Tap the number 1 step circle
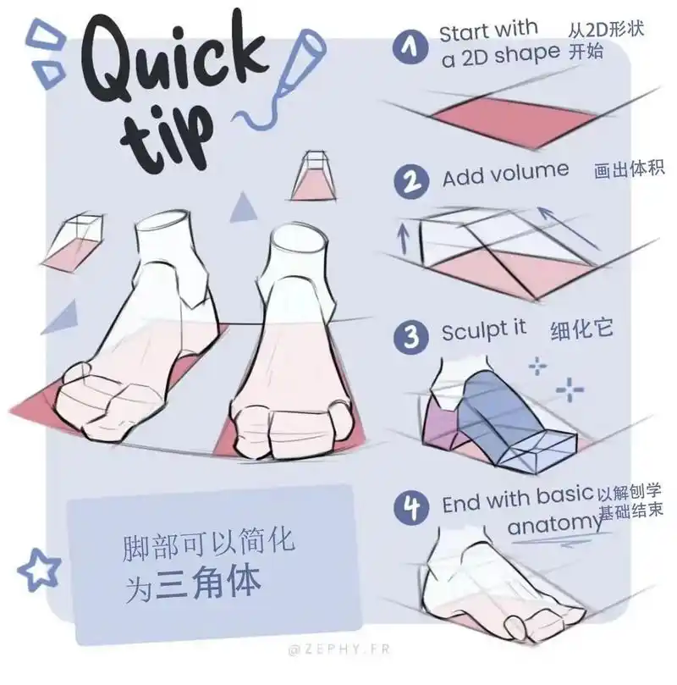pyautogui.click(x=410, y=47)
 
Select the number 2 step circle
pyautogui.click(x=411, y=182)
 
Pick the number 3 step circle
pyautogui.click(x=410, y=337)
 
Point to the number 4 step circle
pyautogui.click(x=411, y=507)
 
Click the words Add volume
pyautogui.click(x=505, y=174)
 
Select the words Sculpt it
pyautogui.click(x=484, y=331)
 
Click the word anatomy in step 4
pyautogui.click(x=554, y=523)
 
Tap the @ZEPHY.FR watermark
pyautogui.click(x=339, y=649)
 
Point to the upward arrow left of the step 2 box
pyautogui.click(x=404, y=239)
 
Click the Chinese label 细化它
pyautogui.click(x=581, y=330)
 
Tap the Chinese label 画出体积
pyautogui.click(x=630, y=169)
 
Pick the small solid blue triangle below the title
pyautogui.click(x=243, y=207)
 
